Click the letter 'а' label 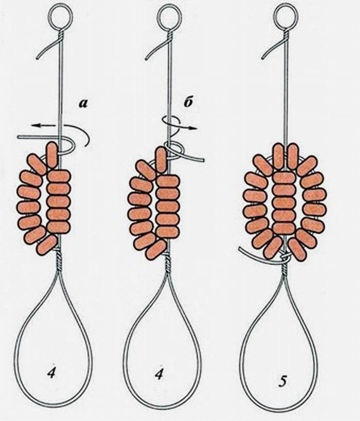[83, 104]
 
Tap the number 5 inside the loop [283, 381]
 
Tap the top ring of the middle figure [168, 17]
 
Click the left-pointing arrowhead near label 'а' [34, 125]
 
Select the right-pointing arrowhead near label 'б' [194, 129]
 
